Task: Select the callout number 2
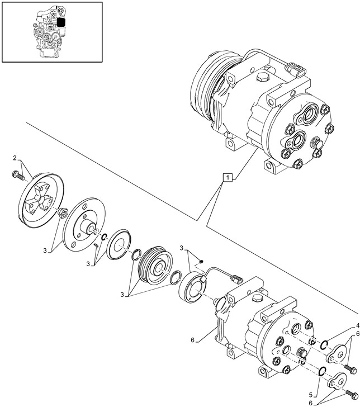(15, 158)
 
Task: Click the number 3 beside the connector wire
(182, 248)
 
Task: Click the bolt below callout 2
(18, 176)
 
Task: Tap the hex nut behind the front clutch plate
(64, 212)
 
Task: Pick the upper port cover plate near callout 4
(336, 356)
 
